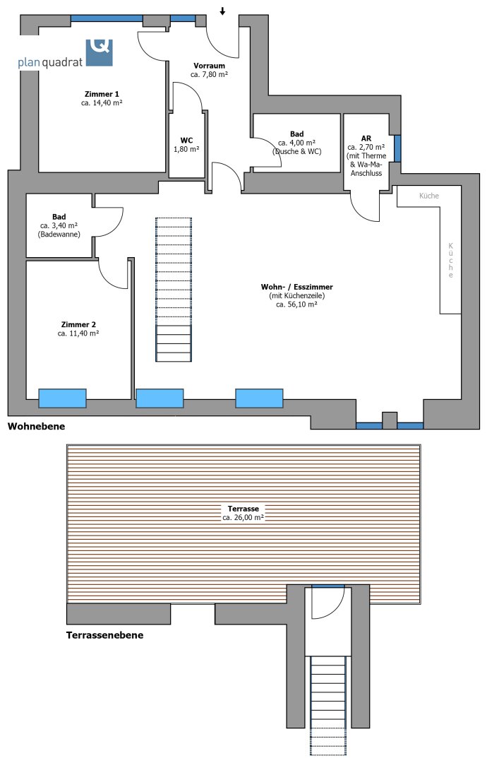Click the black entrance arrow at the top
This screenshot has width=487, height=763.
click(x=222, y=11)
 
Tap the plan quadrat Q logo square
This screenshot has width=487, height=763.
click(x=99, y=52)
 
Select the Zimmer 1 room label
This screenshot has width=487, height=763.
click(x=102, y=94)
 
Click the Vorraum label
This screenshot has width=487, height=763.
click(x=209, y=66)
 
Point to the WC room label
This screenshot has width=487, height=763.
click(x=186, y=141)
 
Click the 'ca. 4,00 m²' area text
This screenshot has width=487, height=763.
click(x=297, y=143)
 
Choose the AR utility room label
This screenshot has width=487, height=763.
click(x=366, y=138)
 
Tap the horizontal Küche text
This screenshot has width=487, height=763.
click(x=429, y=196)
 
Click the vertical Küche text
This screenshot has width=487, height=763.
click(x=451, y=260)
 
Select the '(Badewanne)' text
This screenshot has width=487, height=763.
click(x=59, y=234)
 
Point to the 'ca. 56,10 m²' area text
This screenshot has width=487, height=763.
click(x=296, y=304)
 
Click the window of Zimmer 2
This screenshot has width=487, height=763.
click(x=62, y=398)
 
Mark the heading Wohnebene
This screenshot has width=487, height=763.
click(x=36, y=427)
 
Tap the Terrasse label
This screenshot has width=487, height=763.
click(x=243, y=509)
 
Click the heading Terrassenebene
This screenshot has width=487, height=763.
click(x=105, y=635)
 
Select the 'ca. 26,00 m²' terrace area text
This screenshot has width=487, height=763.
click(x=243, y=518)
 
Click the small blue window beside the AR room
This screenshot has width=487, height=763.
click(x=397, y=148)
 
